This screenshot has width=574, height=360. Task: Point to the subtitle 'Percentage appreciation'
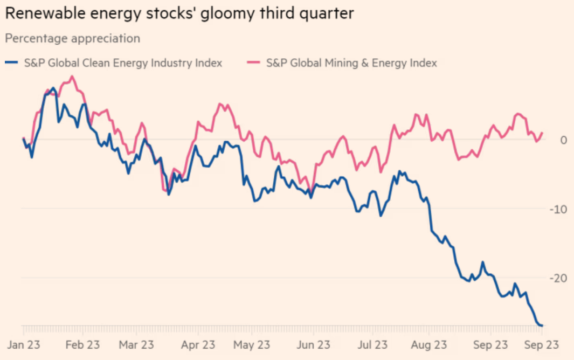coord(72,39)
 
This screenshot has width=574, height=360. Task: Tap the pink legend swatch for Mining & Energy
coord(254,63)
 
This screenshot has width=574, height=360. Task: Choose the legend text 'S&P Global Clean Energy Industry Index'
coord(123,63)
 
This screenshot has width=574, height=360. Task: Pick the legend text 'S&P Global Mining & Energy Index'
coord(351,63)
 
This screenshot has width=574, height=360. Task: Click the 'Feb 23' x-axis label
coord(82,344)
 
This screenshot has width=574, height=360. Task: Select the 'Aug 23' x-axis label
coord(430,344)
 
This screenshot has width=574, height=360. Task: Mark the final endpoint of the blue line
coord(542,325)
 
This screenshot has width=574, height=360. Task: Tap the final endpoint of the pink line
coord(542,133)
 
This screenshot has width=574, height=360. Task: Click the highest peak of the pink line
coord(72,77)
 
